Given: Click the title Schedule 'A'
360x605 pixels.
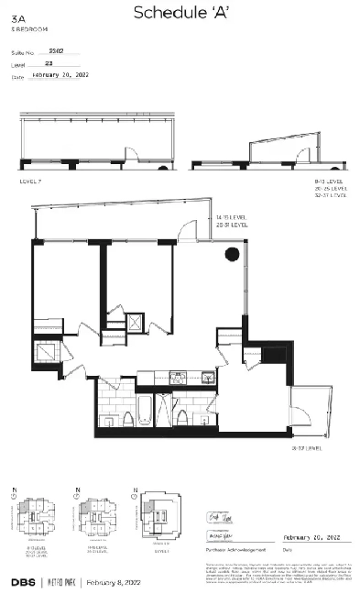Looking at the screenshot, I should click(x=179, y=13).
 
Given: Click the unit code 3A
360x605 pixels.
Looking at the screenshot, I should click(x=16, y=29).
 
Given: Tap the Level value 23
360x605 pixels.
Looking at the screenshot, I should click(x=49, y=65).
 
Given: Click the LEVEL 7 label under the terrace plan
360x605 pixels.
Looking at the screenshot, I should click(x=30, y=181).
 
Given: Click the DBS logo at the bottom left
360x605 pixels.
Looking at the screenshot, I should click(x=23, y=582).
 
